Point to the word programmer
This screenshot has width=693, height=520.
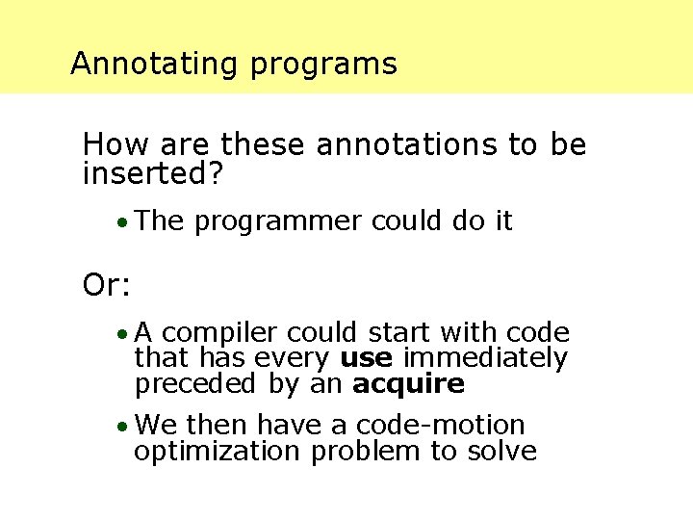pos(277,222)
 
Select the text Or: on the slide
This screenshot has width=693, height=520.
pos(108,285)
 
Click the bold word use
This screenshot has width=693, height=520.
pos(367,359)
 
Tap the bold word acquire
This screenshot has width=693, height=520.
pos(408,385)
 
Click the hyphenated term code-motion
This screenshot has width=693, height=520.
pos(440,425)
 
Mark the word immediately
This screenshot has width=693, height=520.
pos(485,359)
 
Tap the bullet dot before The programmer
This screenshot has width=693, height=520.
pos(120,223)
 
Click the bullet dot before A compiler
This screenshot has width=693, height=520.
pos(120,335)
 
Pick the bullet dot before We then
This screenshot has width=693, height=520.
pos(120,427)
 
